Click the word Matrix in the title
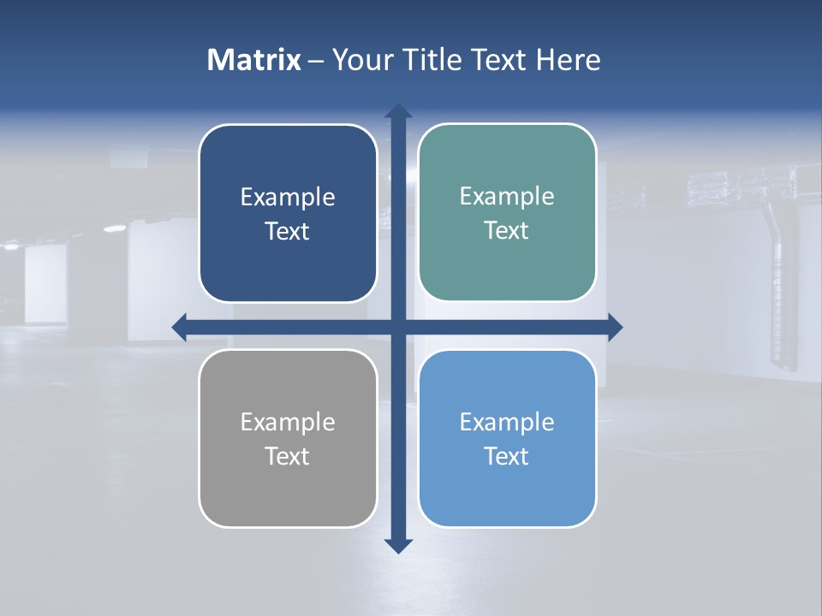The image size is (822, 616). (x=254, y=60)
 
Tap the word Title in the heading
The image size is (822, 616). (x=429, y=60)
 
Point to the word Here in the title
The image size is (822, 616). (x=568, y=60)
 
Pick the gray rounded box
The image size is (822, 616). (x=288, y=496)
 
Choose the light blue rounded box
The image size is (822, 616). (x=507, y=496)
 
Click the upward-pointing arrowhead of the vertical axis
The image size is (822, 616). (x=398, y=112)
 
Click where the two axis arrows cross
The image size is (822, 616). (x=398, y=326)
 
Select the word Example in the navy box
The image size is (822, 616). (x=288, y=198)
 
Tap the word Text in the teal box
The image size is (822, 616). (x=507, y=231)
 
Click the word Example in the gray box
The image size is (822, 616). (x=288, y=423)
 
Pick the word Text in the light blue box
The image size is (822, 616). (x=507, y=457)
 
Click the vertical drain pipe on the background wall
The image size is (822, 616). (x=778, y=282)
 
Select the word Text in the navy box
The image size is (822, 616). (x=288, y=232)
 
